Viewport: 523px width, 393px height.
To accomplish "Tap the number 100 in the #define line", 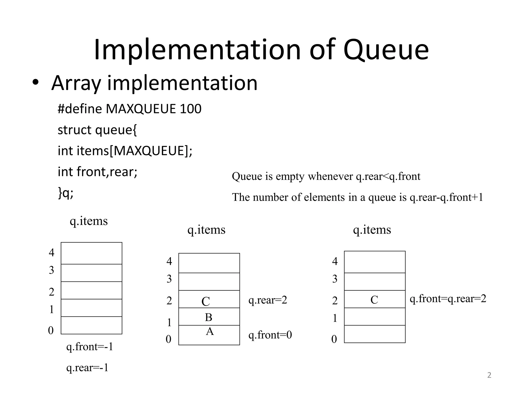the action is point(191,109).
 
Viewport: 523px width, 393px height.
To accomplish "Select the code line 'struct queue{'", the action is point(97,130).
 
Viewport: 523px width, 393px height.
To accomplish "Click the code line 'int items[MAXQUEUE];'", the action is point(125,151).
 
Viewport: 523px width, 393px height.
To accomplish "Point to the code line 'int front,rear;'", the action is point(98,172).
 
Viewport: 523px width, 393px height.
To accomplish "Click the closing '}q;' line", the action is point(66,193).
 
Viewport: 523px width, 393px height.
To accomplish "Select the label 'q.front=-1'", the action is point(90,347).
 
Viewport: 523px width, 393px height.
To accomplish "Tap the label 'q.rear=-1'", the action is point(87,368).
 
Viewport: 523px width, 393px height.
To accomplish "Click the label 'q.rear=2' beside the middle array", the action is point(268,300).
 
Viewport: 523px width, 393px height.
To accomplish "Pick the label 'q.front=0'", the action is point(270,335).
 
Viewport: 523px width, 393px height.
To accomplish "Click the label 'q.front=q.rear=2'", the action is point(448,299).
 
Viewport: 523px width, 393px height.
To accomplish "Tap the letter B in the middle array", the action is point(209,318).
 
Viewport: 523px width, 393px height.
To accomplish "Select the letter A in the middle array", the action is point(210,332).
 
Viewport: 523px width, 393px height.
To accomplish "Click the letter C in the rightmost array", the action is point(374,300).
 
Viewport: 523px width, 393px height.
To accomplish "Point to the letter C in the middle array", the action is point(206,301).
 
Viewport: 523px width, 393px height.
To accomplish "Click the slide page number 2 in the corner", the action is point(489,375).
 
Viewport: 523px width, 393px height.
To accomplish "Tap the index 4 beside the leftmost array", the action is point(52,253).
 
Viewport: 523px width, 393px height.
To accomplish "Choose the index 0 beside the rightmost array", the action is point(334,339).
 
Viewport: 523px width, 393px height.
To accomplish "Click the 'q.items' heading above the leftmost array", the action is point(89,221).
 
